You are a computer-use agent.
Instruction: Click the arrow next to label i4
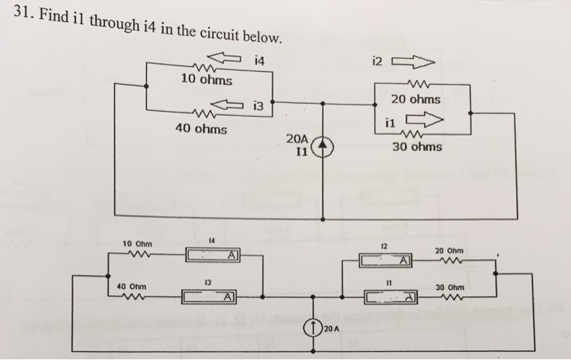click(x=230, y=57)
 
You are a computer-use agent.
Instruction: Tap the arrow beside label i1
click(x=423, y=121)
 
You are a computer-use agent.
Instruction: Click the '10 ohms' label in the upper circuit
click(x=206, y=80)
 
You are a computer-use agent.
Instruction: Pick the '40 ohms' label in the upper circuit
click(x=201, y=128)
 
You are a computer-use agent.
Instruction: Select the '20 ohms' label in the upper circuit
click(x=415, y=99)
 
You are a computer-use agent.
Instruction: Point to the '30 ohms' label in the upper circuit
click(x=417, y=147)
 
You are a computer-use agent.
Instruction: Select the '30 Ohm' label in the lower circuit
click(x=450, y=287)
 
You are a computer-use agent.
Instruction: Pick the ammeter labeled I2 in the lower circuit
click(x=383, y=260)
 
